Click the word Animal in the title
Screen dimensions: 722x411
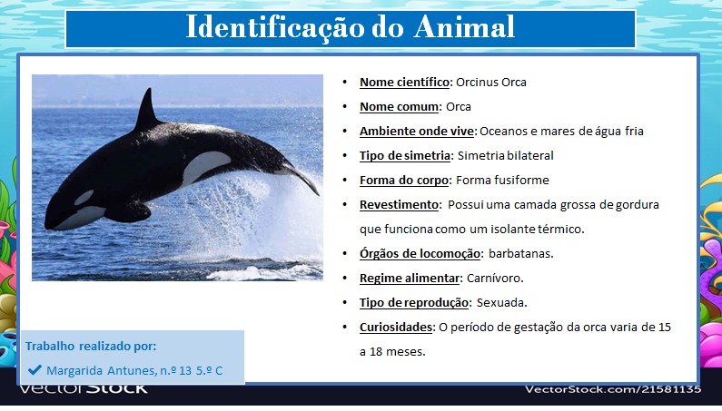click(x=464, y=26)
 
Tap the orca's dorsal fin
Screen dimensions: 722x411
click(x=148, y=111)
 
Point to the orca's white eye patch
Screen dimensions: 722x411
click(x=84, y=198)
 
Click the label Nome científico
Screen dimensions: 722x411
click(x=404, y=82)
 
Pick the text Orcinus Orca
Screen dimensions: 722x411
click(x=490, y=82)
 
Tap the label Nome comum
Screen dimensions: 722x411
click(x=399, y=107)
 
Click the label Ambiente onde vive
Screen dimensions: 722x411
click(x=417, y=132)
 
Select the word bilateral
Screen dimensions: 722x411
click(x=530, y=155)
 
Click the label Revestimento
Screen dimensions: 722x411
click(x=399, y=204)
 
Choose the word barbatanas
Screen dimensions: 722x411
click(x=520, y=254)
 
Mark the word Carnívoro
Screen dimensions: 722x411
click(x=495, y=278)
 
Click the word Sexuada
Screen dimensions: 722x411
click(x=502, y=302)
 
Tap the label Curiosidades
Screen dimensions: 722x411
click(x=396, y=328)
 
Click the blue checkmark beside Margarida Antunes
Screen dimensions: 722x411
click(x=35, y=369)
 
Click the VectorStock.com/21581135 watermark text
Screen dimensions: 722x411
click(x=613, y=389)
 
